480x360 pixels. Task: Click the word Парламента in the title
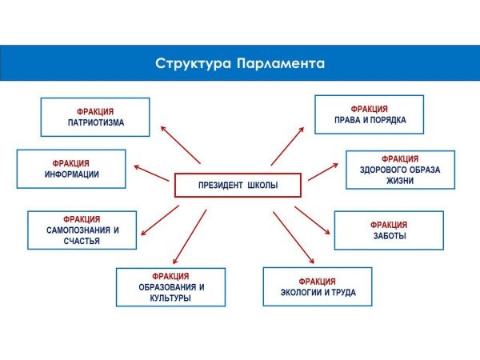(x=281, y=63)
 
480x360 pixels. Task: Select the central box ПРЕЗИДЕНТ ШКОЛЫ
(x=238, y=186)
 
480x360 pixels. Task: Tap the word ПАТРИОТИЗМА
(x=95, y=123)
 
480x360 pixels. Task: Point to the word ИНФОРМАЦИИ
(x=71, y=174)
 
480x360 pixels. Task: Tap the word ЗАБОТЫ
(x=389, y=237)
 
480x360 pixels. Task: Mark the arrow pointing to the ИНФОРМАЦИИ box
(x=152, y=174)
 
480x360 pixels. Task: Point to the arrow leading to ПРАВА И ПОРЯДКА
(x=288, y=146)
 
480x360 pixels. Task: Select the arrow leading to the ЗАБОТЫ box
(x=314, y=220)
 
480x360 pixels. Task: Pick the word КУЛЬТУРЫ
(x=170, y=298)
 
